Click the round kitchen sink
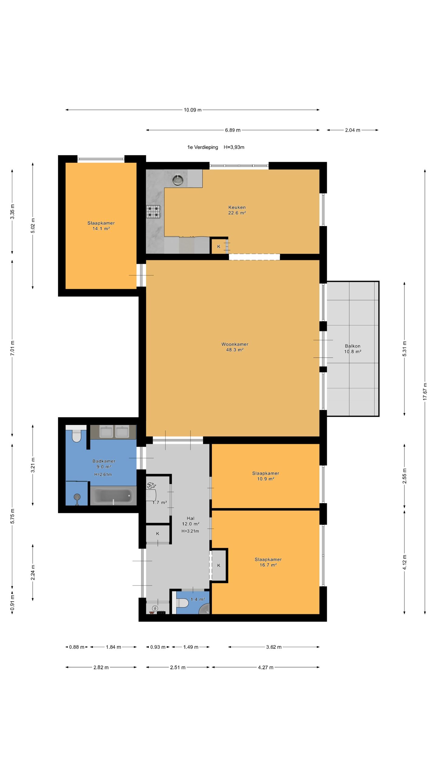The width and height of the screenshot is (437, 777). tap(178, 180)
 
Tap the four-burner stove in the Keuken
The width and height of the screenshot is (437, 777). tap(153, 212)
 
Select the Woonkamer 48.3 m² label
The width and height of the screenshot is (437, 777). tap(235, 347)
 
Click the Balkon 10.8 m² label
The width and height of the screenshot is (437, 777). tap(353, 349)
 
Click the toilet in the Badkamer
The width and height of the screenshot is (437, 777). tap(76, 436)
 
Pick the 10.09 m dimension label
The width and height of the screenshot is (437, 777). tap(193, 110)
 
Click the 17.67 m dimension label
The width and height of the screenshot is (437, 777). tap(425, 392)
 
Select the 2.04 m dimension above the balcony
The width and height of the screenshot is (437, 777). tap(353, 130)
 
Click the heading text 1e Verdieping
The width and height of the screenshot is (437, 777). tap(203, 147)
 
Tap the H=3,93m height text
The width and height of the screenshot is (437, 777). tap(234, 147)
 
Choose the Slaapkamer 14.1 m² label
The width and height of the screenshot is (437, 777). tap(101, 226)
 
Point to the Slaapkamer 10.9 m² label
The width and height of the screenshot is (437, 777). tap(266, 476)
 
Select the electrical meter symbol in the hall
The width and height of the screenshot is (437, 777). tap(155, 608)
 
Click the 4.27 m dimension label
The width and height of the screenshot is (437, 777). tap(266, 667)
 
